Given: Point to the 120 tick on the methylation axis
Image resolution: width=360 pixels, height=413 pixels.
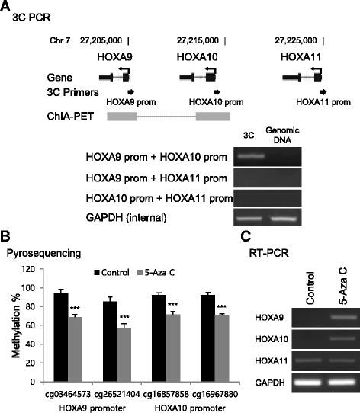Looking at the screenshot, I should pos(34,269).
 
